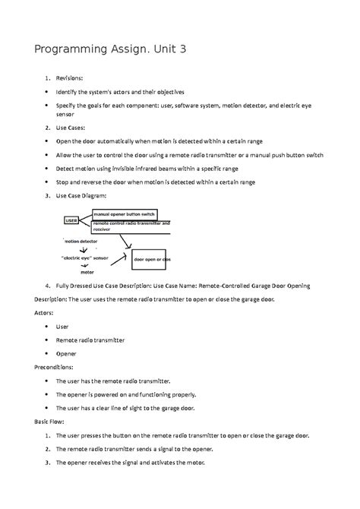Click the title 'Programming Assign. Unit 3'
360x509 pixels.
point(110,50)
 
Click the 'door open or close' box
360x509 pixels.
point(151,259)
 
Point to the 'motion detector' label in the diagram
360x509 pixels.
point(81,241)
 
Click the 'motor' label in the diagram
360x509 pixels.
point(87,270)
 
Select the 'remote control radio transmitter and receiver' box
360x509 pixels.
point(131,226)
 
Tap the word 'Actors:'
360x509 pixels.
point(45,312)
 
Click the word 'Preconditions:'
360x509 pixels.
point(52,367)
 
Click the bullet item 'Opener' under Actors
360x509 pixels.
point(66,353)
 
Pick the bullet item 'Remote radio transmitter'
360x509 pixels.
point(90,340)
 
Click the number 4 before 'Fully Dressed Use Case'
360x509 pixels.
point(47,286)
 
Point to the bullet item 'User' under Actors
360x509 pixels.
point(63,326)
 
